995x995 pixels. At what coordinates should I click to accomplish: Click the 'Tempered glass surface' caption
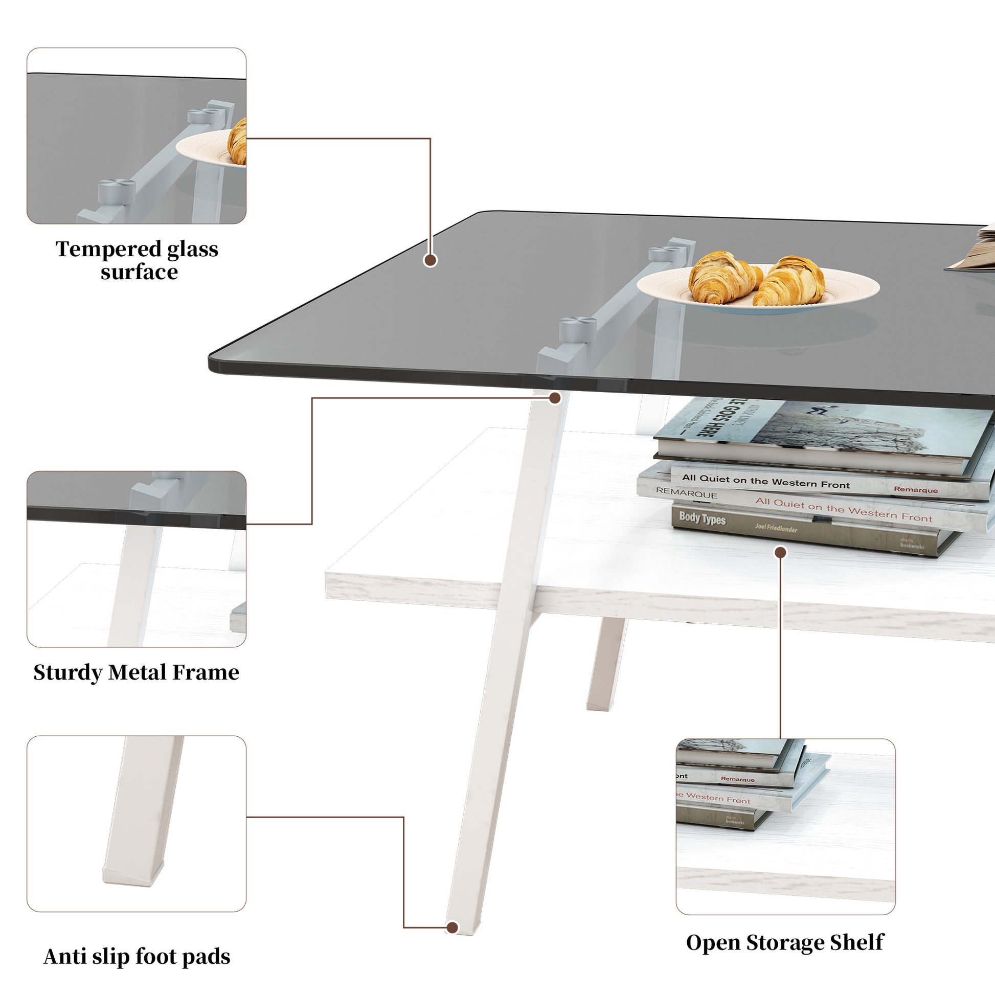click(x=137, y=260)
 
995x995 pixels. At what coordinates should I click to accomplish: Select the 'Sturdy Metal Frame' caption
click(x=137, y=672)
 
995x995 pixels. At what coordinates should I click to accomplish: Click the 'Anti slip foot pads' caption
click(x=137, y=957)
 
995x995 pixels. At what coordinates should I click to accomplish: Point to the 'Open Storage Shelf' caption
click(x=785, y=943)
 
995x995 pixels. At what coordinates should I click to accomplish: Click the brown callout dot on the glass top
click(x=430, y=260)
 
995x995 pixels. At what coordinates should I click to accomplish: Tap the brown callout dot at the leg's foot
click(x=452, y=928)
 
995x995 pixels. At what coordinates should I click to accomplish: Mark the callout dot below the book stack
click(x=781, y=553)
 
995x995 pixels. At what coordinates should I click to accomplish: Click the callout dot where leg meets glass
click(x=555, y=398)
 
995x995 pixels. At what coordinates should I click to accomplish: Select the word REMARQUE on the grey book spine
click(x=686, y=493)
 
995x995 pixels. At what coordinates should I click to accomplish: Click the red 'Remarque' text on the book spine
click(x=916, y=489)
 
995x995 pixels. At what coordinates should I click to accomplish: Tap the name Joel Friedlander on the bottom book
click(x=776, y=527)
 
